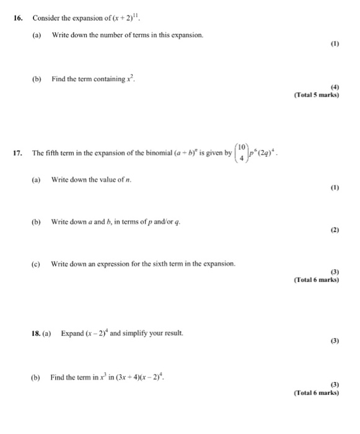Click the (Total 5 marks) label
click(317, 95)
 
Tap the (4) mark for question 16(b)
click(335, 87)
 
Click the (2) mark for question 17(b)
click(335, 229)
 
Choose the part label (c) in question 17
click(36, 263)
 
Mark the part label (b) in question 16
click(36, 79)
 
